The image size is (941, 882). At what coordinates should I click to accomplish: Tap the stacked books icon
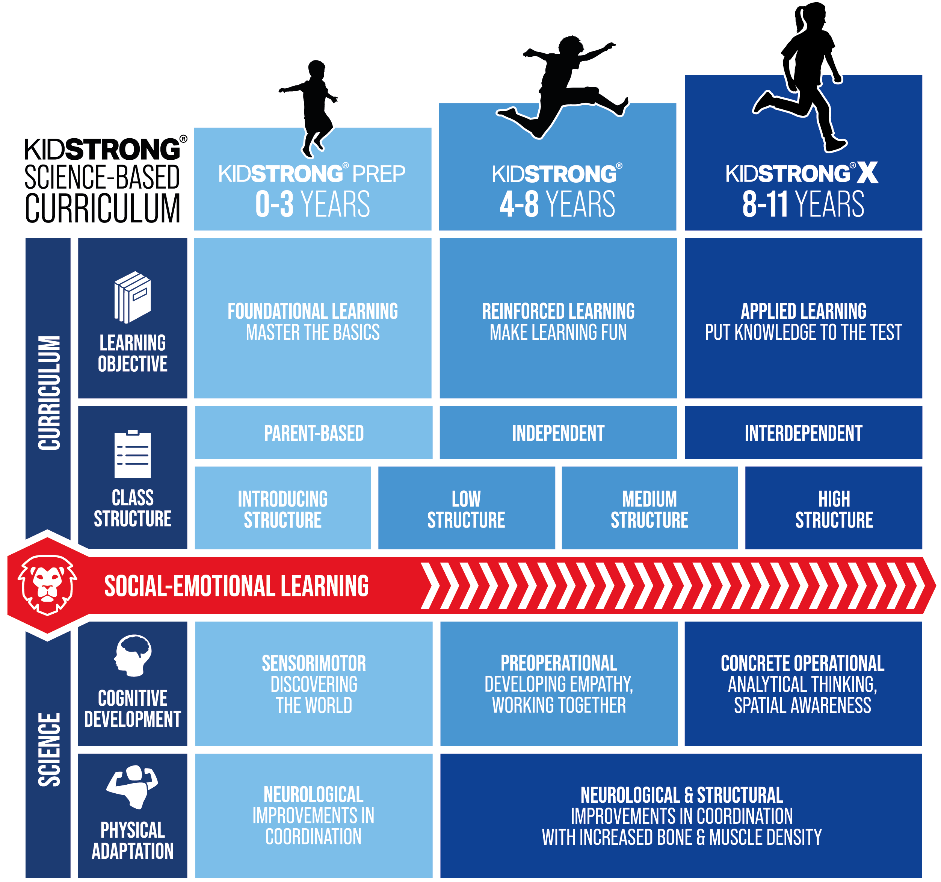point(133,297)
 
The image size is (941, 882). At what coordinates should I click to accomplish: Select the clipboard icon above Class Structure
point(133,454)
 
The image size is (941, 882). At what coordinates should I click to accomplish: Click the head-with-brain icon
point(133,655)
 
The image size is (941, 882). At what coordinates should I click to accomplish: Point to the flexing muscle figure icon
point(132,786)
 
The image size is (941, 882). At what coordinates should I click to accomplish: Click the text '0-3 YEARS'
point(313,204)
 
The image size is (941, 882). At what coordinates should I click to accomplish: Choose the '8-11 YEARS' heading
point(803,204)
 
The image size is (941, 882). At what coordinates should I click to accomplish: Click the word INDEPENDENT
point(558,433)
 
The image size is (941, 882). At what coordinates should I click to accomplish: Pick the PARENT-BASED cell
point(313,433)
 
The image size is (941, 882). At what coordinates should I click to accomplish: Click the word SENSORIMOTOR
point(314,663)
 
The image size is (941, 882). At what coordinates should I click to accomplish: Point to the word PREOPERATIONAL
point(559,663)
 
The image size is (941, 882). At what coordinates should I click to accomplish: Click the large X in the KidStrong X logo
point(867,173)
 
